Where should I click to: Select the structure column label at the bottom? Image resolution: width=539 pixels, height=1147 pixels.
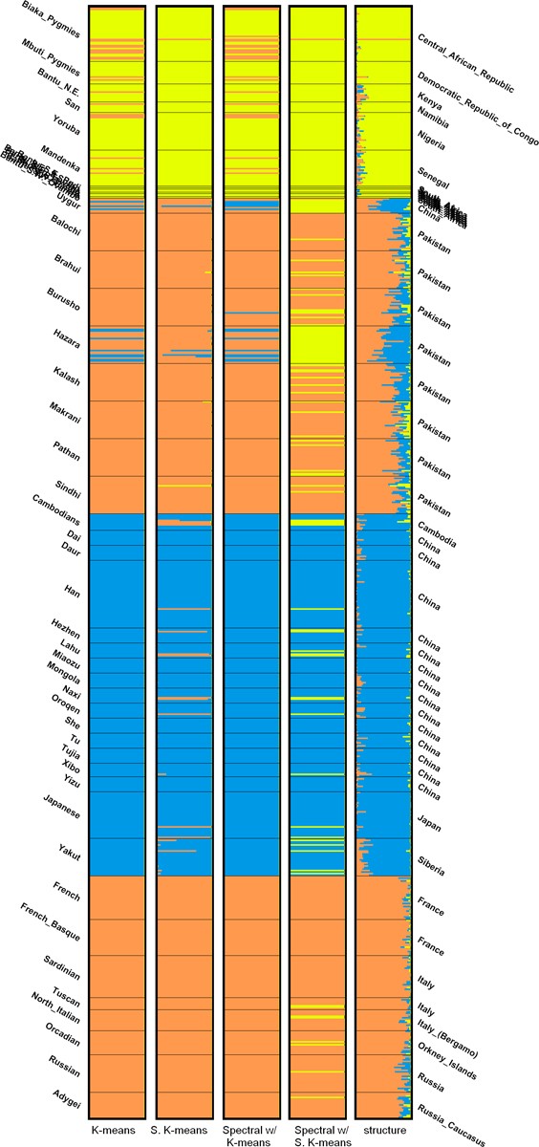(383, 1131)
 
